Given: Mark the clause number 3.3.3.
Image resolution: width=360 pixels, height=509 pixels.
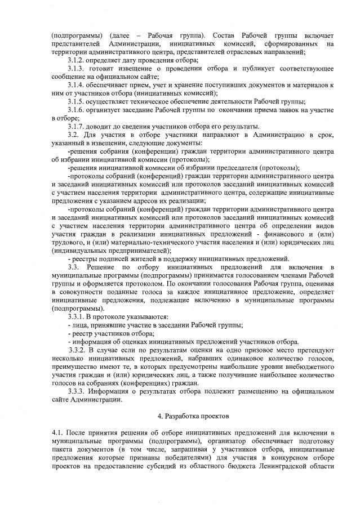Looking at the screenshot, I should point(78,390).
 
